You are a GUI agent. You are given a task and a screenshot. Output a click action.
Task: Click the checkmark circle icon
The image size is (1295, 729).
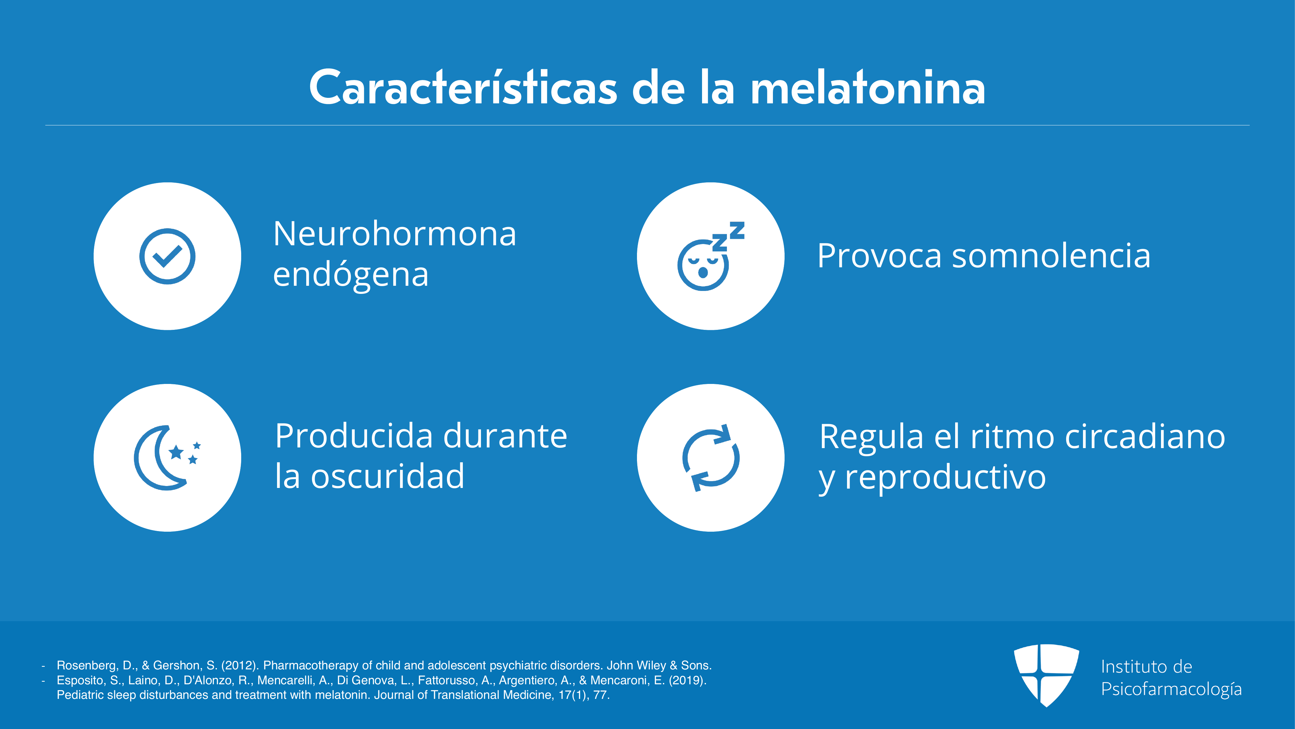click(167, 256)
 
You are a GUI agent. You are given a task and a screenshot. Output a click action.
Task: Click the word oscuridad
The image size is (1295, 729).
click(388, 476)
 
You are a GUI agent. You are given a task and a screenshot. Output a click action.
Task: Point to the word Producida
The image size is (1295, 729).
click(354, 436)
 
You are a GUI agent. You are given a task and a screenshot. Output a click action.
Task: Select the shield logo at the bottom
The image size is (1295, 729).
click(1046, 675)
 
